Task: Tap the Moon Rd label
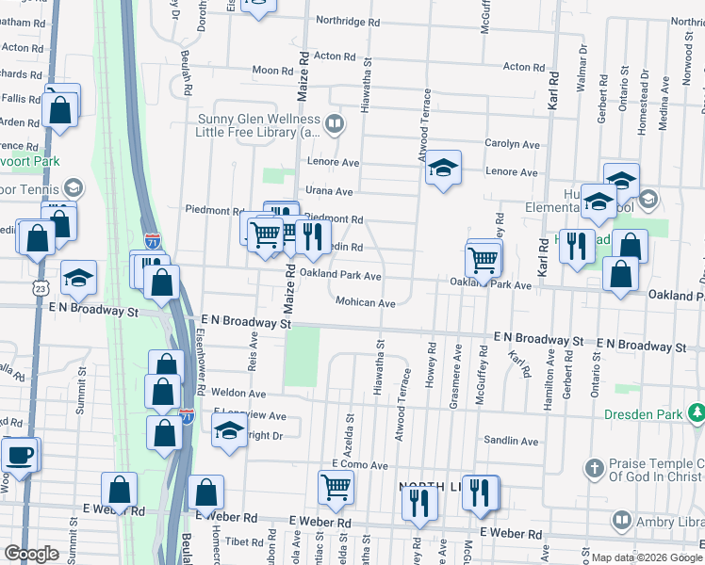click(272, 70)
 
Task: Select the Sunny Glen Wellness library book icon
click(334, 124)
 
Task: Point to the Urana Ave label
click(330, 191)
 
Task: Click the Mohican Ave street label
click(366, 302)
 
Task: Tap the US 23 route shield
click(39, 284)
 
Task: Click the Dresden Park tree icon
click(696, 412)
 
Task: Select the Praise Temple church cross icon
click(594, 467)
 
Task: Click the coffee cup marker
click(20, 456)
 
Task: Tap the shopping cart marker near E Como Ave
click(336, 487)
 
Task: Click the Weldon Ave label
click(238, 393)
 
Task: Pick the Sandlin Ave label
click(511, 440)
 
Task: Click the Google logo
click(31, 554)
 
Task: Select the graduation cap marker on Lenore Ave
click(442, 169)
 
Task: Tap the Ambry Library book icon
click(622, 520)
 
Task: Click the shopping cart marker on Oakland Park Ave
click(483, 259)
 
